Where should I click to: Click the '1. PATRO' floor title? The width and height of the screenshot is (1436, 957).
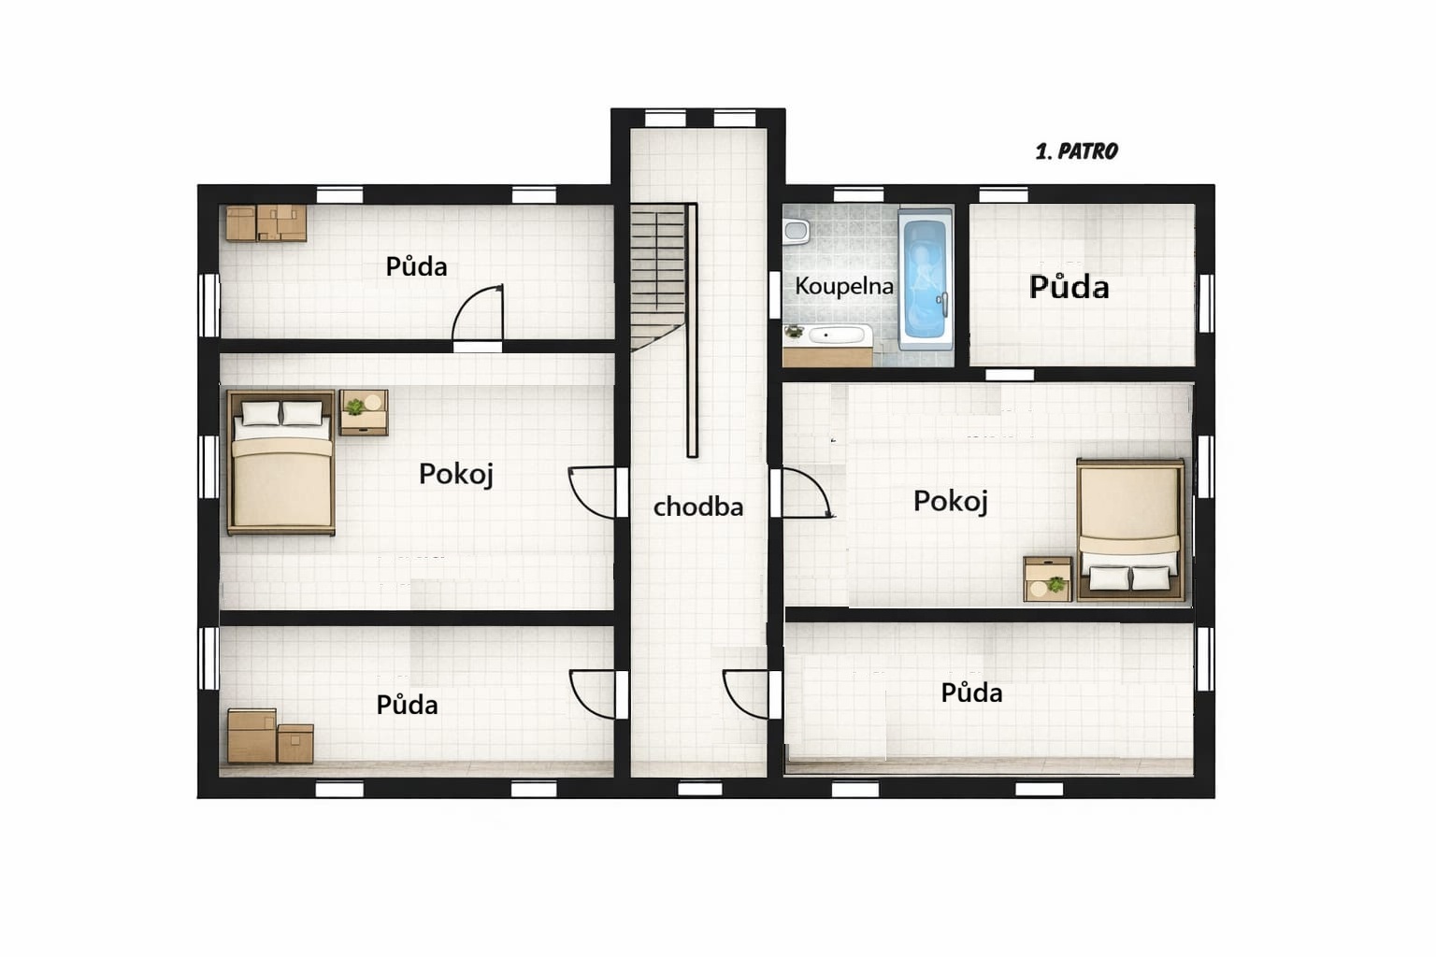click(1076, 151)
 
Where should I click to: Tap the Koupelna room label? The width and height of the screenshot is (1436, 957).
click(843, 286)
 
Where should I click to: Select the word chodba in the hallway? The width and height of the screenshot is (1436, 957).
click(698, 507)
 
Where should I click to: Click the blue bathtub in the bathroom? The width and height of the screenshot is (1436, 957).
click(925, 279)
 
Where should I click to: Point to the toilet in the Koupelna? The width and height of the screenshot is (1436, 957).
click(796, 232)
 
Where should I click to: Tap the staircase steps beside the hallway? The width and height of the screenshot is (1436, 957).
click(657, 277)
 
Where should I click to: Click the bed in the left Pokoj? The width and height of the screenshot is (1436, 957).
click(281, 463)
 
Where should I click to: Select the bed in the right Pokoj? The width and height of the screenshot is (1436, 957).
click(1130, 530)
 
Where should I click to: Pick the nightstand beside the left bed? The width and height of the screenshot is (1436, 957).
click(364, 413)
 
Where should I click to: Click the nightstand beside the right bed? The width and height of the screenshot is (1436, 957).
click(1047, 579)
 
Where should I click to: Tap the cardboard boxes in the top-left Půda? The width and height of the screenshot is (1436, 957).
click(266, 223)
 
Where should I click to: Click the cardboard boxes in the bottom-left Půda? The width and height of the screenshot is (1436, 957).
click(270, 736)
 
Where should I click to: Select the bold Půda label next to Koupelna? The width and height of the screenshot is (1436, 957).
click(1069, 287)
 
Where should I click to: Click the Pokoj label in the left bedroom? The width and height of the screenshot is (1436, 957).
click(456, 475)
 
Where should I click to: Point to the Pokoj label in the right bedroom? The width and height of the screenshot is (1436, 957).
click(950, 501)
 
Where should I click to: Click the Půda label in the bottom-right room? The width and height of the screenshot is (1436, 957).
click(971, 693)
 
